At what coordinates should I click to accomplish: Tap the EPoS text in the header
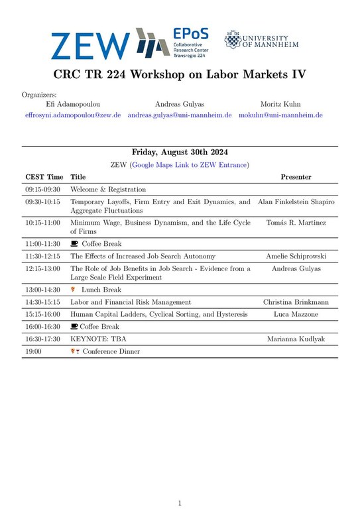[186, 33]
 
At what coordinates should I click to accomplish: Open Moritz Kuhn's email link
[280, 115]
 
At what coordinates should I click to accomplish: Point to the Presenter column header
[296, 177]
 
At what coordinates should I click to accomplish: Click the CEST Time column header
[44, 177]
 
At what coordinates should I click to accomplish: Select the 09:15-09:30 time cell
[42, 189]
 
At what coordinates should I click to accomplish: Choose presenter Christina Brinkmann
[296, 302]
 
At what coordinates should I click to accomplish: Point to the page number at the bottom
[180, 504]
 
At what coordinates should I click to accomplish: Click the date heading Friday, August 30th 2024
[180, 152]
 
